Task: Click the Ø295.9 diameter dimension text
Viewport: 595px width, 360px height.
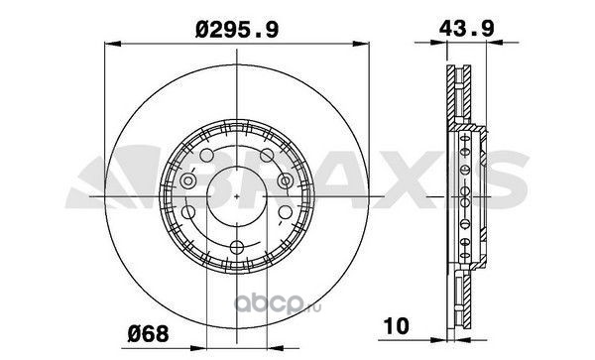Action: [237, 30]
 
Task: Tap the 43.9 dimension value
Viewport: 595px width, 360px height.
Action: [466, 28]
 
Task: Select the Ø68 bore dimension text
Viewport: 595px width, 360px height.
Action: [148, 334]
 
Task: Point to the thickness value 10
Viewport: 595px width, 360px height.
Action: [396, 326]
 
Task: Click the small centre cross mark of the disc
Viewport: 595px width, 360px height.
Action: [237, 196]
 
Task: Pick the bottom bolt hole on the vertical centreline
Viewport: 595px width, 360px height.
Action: [237, 248]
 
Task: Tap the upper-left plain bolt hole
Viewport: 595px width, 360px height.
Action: [207, 155]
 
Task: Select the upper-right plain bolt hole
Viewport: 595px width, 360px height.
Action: [267, 155]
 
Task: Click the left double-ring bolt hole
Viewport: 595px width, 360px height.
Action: [187, 180]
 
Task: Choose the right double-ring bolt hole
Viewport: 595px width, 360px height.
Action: [286, 180]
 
